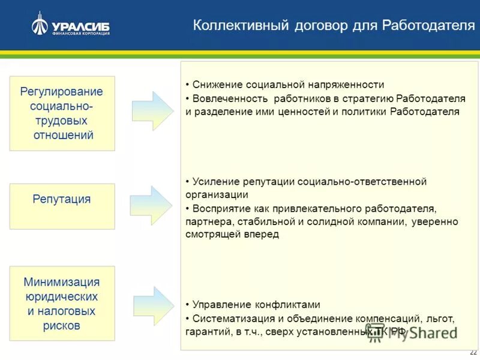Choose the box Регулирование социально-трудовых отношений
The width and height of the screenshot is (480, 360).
point(62,113)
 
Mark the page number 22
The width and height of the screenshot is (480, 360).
point(473,352)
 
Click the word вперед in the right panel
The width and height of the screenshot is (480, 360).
point(262,235)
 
